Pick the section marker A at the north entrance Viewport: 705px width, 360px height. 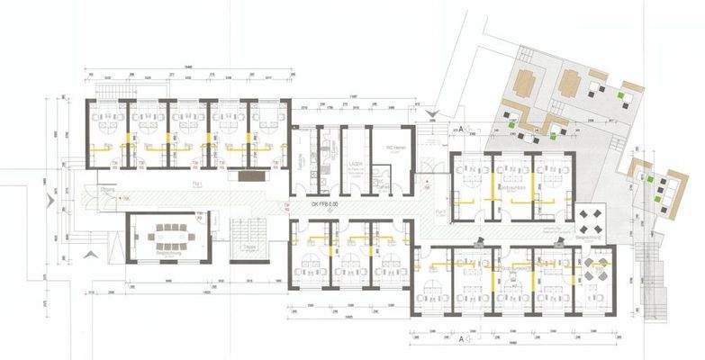click(460, 130)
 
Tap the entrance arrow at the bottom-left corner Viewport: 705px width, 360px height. click(87, 256)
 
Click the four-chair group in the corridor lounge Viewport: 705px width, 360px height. click(591, 219)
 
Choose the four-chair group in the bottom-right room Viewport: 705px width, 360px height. click(592, 267)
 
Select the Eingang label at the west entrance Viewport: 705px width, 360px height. click(108, 191)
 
